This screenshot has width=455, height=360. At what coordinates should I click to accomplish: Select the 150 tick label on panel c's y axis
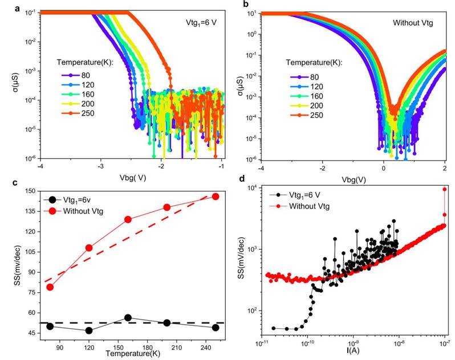tap(28, 191)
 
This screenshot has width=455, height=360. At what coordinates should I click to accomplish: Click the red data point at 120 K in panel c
tap(72, 248)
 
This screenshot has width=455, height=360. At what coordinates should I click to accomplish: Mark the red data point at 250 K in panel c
tap(216, 197)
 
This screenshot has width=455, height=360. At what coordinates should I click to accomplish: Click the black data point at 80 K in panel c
tap(50, 326)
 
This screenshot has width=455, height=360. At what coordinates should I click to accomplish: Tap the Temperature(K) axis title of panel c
tap(128, 354)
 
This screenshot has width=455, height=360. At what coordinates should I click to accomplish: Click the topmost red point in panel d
tap(445, 189)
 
